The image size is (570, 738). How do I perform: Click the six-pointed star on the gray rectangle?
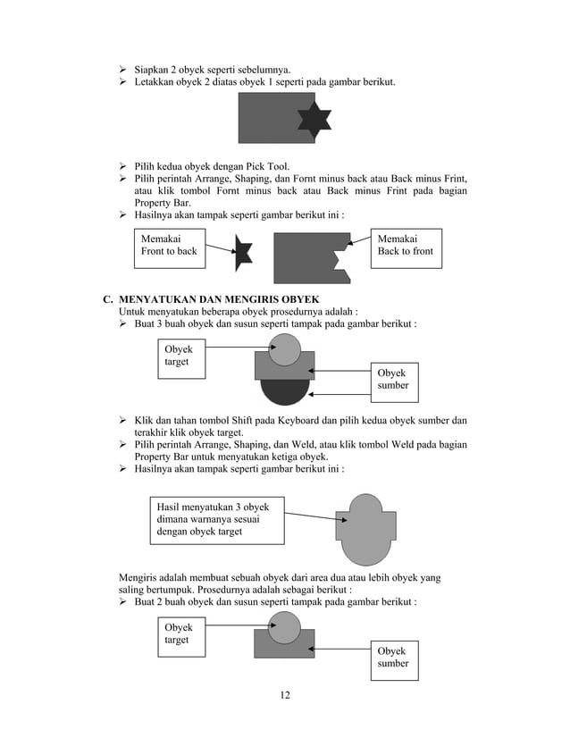click(314, 118)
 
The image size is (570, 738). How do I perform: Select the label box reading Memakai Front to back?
click(169, 245)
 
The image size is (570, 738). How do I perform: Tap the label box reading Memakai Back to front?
click(405, 245)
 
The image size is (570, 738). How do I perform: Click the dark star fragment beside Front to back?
click(243, 252)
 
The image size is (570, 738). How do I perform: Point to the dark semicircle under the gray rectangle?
click(284, 392)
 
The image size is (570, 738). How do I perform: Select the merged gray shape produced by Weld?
click(365, 529)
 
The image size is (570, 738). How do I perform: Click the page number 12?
click(284, 695)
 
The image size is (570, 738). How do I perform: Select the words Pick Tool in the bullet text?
click(264, 166)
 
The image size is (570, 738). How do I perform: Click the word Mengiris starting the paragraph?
click(141, 578)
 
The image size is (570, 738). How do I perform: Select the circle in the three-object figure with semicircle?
click(284, 349)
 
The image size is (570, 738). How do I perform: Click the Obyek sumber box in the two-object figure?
click(392, 657)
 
